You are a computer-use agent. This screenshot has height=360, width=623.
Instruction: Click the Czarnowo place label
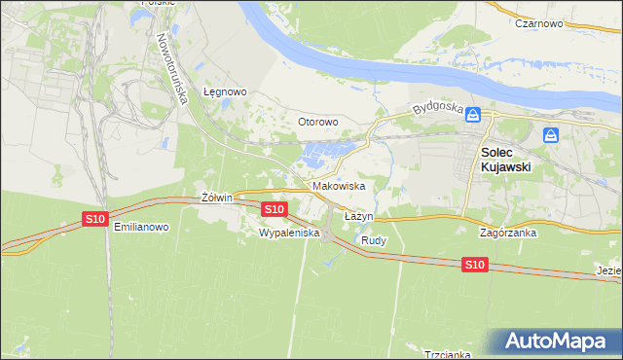pos(542,23)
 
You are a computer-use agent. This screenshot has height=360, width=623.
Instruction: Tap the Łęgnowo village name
pos(225,92)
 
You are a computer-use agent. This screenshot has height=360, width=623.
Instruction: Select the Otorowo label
pos(317,123)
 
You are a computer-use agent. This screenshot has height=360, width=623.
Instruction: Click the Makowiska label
pos(338,186)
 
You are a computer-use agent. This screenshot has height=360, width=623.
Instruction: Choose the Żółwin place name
pos(216,198)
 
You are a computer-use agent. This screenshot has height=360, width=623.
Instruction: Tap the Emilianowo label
pos(141,228)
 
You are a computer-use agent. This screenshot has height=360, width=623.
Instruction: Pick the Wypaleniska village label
pos(283,234)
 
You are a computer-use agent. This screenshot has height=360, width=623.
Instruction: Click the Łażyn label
pos(358,215)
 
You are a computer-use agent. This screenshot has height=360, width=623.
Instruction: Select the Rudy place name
pos(374,239)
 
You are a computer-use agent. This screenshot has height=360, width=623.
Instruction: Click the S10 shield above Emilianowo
pos(94,219)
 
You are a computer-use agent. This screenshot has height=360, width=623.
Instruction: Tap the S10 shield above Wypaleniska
pos(275,209)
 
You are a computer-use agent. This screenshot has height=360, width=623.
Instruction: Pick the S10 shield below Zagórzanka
pos(474,265)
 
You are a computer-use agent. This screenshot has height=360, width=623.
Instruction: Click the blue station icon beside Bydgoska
pos(473,115)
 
